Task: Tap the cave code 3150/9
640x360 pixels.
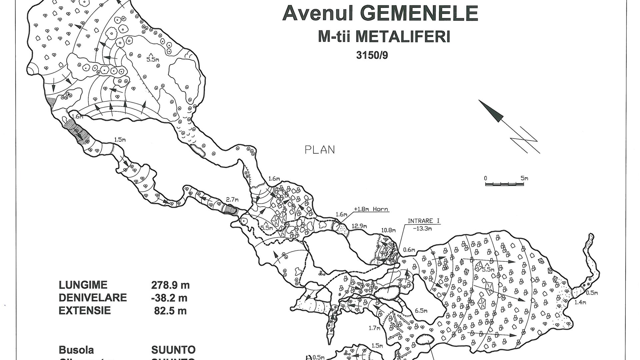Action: [372, 55]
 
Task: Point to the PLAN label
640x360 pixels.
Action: [320, 150]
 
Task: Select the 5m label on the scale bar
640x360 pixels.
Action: [524, 178]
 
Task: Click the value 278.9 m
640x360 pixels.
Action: [170, 285]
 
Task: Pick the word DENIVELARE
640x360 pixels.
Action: [93, 298]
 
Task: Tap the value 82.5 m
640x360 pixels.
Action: [170, 311]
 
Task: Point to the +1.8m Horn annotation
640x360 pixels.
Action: [371, 209]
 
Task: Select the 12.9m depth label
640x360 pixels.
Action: [358, 226]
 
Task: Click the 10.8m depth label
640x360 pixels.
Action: [389, 230]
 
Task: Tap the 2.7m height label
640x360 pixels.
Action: [232, 200]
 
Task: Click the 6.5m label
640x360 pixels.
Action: [421, 311]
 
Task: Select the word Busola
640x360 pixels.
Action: [76, 350]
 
